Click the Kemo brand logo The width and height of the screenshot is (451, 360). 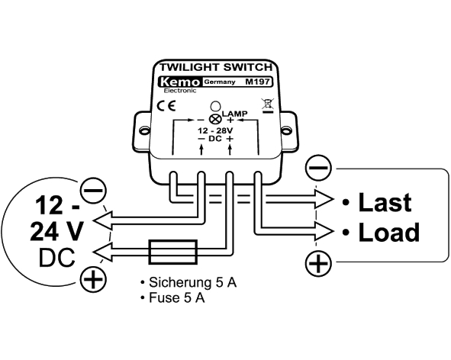(x=180, y=82)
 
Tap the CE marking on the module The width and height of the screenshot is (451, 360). (x=166, y=106)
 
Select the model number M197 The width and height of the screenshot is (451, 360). (x=257, y=82)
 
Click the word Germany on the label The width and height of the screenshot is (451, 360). (x=220, y=82)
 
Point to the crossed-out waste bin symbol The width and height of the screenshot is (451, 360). (x=268, y=105)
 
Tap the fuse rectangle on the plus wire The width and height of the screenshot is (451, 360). (x=173, y=252)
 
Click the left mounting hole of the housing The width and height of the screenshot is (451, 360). (x=143, y=130)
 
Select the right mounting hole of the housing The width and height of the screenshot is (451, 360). (x=285, y=130)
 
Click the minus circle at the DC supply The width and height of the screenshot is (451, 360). (x=93, y=191)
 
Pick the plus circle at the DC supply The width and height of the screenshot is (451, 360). (x=93, y=279)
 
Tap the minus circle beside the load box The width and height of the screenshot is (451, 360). (x=317, y=168)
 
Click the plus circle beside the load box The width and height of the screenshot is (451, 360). (x=317, y=263)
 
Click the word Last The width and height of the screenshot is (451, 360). (x=385, y=202)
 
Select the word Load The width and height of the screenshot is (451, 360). (x=389, y=233)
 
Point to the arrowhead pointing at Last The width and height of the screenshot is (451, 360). (x=324, y=199)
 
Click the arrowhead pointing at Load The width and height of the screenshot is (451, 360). (x=324, y=231)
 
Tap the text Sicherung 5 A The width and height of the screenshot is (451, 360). (x=192, y=282)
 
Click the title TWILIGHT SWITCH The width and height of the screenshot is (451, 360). (x=216, y=67)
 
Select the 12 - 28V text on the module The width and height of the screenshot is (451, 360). (x=215, y=131)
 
